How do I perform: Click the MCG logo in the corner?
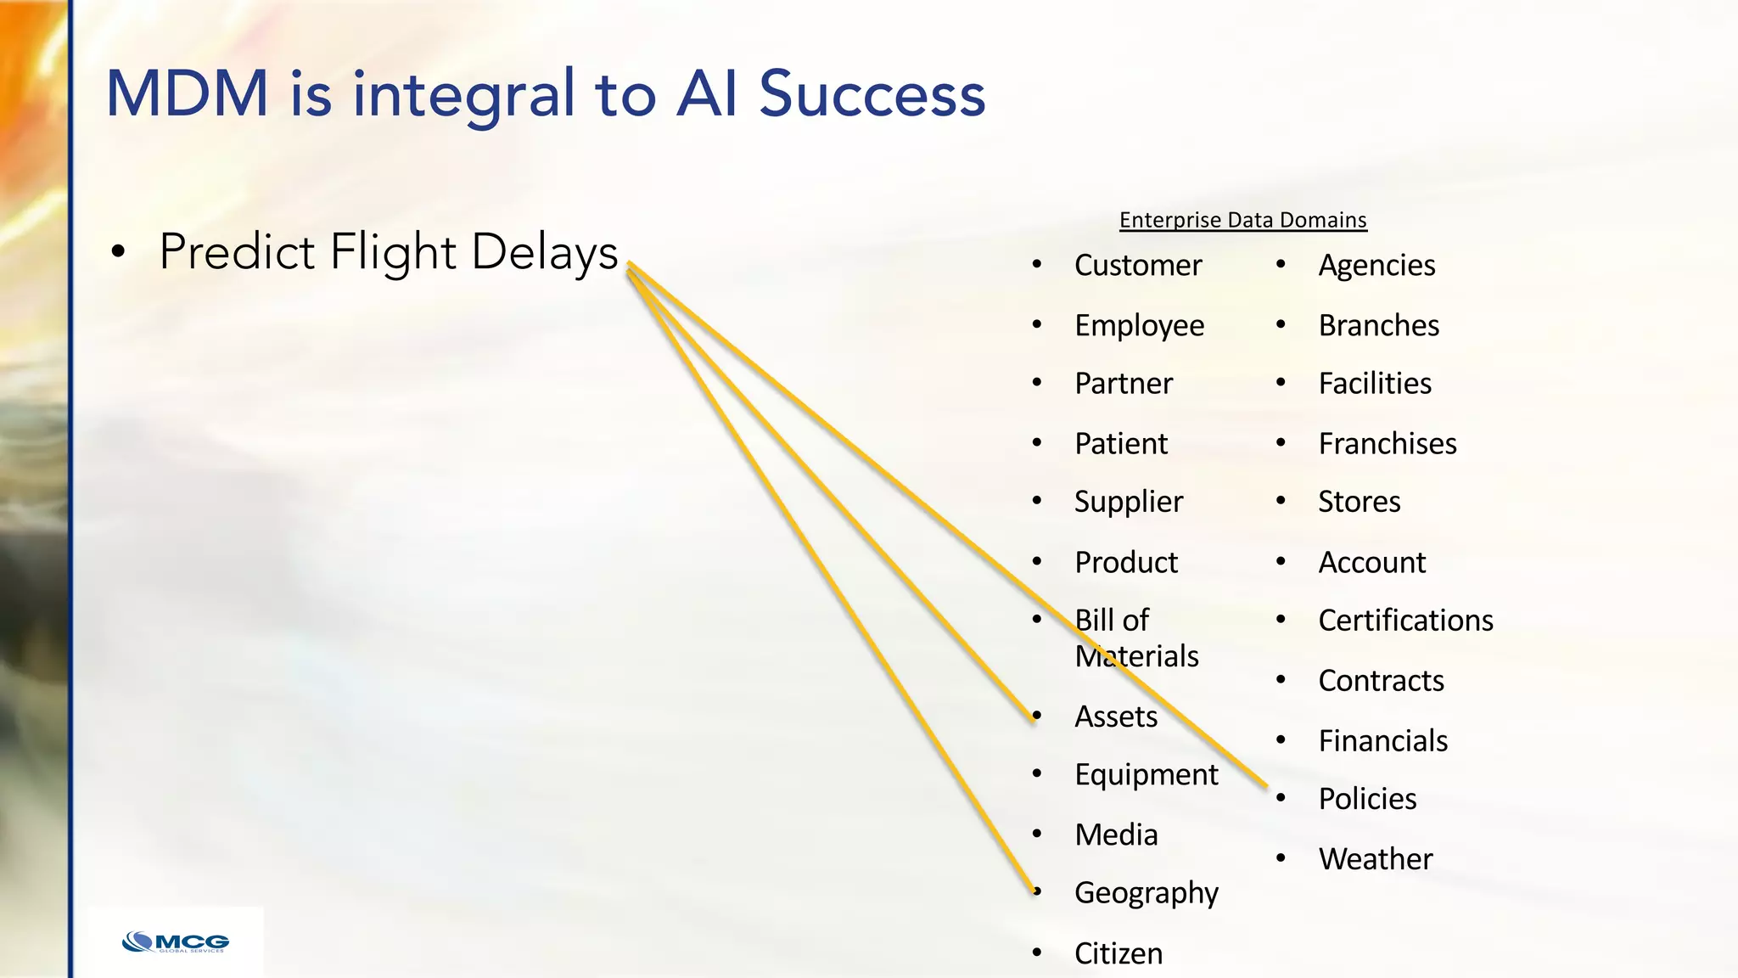pos(176,942)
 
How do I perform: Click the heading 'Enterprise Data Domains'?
pos(1242,220)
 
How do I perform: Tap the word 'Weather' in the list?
pos(1375,859)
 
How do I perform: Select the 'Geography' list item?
pos(1146,893)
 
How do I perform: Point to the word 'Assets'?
pos(1115,717)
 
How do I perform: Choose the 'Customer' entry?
pos(1137,266)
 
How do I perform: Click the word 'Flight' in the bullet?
pos(393,252)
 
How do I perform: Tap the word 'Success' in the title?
pos(872,93)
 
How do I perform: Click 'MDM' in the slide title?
pos(187,93)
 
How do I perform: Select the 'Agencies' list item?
pos(1376,266)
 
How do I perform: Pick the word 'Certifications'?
pos(1405,621)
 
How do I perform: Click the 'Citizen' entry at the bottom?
pos(1118,953)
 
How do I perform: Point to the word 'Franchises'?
pos(1387,444)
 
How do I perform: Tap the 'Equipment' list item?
pos(1146,775)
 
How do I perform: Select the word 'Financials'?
pos(1382,741)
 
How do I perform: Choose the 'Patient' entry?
pos(1120,444)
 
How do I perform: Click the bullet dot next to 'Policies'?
pos(1281,798)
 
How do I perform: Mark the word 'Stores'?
pos(1359,502)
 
